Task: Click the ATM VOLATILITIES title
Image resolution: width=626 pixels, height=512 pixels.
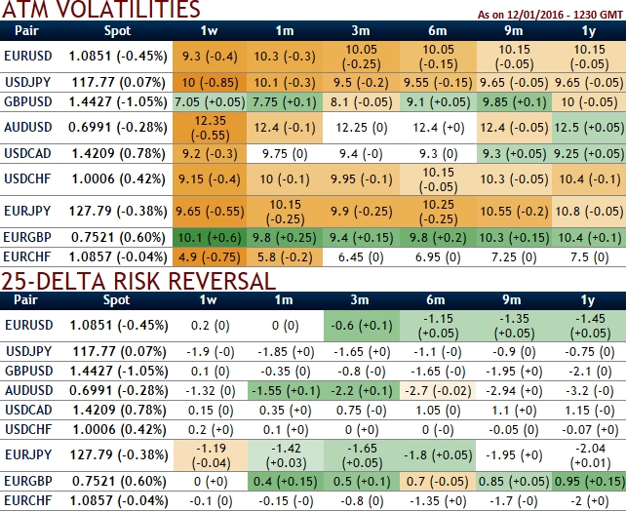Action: pos(101,9)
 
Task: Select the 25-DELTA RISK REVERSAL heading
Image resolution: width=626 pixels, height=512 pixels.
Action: pos(138,281)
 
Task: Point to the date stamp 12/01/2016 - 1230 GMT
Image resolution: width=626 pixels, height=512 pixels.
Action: pos(565,15)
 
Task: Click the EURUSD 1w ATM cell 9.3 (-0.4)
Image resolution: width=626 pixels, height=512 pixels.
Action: pos(210,57)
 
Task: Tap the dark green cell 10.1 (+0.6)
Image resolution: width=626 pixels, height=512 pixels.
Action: pos(210,238)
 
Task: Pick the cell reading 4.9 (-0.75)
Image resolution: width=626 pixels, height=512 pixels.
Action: pos(210,257)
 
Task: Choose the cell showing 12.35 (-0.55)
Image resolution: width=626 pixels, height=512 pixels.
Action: pos(210,128)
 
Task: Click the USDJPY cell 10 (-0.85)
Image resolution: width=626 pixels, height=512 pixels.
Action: pos(210,83)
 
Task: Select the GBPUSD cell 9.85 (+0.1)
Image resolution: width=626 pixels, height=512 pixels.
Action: pos(514,102)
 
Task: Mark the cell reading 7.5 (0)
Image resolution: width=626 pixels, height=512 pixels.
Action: pos(589,257)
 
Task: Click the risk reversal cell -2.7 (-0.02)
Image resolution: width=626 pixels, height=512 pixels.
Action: pos(438,391)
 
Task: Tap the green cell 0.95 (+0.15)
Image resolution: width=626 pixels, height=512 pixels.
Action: pos(589,482)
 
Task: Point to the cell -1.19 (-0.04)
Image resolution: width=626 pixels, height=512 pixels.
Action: pos(211,455)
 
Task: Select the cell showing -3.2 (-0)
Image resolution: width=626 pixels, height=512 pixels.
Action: pos(589,391)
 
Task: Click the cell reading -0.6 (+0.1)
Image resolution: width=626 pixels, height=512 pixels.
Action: pos(362,326)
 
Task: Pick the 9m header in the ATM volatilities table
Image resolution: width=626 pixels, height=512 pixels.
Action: pos(514,31)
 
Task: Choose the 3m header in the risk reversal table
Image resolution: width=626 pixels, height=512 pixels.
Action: pos(360,300)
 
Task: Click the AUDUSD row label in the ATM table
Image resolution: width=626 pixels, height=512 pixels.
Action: pos(28,128)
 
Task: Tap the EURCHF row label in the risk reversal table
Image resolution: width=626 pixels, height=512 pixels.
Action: pos(28,501)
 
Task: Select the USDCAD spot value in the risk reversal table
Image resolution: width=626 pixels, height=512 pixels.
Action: pos(119,411)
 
